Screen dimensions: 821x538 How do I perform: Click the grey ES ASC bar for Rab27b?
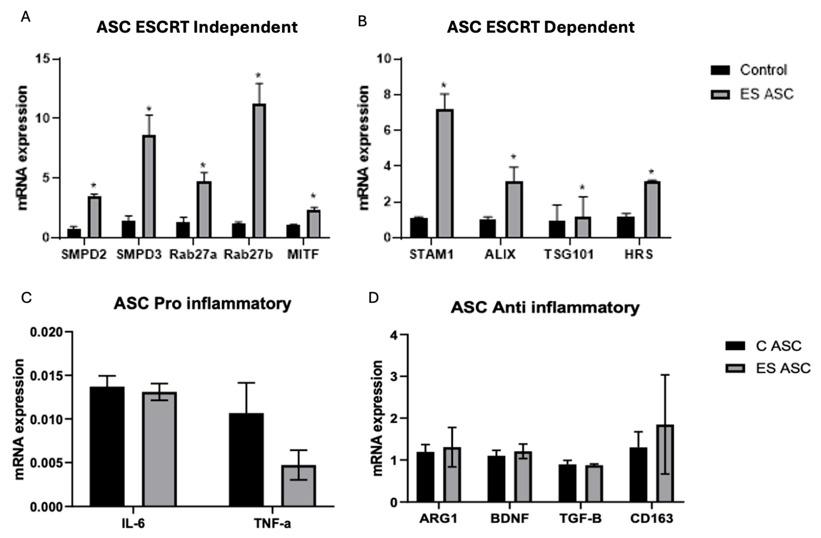pos(259,171)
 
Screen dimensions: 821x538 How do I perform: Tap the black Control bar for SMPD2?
pos(74,233)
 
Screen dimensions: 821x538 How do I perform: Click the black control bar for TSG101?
pos(557,229)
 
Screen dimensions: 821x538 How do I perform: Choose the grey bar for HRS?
pos(652,209)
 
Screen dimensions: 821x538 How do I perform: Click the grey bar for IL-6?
pos(160,449)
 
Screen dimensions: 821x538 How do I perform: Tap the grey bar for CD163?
pos(665,463)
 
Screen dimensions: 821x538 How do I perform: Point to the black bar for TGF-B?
pos(567,483)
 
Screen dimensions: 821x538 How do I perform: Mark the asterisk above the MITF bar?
pos(313,196)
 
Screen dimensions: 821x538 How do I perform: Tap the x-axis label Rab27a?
pos(193,255)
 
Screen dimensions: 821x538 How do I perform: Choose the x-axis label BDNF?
pos(510,519)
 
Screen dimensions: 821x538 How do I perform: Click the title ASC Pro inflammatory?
pos(202,304)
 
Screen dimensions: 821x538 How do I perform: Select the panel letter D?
pos(374,298)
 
